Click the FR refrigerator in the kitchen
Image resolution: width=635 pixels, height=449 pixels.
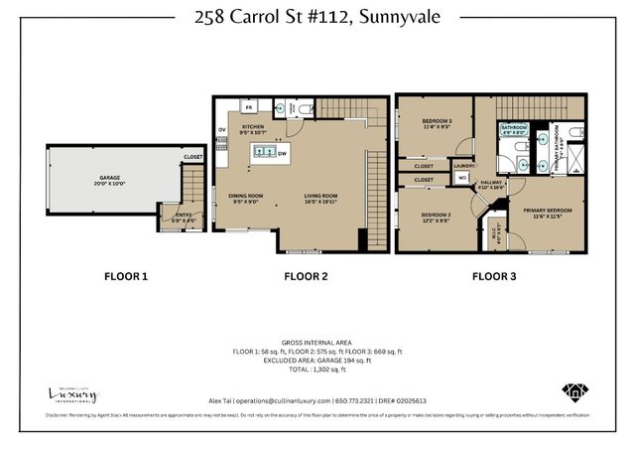[249, 106]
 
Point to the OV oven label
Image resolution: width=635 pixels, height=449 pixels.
[222, 128]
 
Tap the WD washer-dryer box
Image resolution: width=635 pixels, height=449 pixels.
[462, 178]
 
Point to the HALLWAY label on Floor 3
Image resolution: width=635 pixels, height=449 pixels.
[488, 182]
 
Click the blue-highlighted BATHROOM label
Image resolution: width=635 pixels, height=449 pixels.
[513, 127]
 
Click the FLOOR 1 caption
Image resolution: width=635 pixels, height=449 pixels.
[126, 276]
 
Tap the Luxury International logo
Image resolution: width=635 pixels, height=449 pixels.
[73, 394]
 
